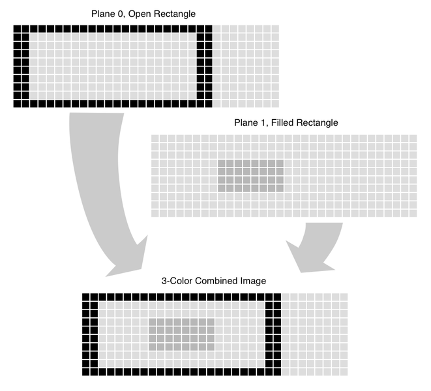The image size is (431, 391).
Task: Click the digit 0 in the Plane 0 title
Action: [121, 13]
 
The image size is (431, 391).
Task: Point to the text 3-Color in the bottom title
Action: [176, 281]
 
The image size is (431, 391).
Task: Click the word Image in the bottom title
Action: [254, 281]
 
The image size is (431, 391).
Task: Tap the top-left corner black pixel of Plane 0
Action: [17, 29]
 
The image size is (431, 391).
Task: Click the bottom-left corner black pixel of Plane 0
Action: [17, 104]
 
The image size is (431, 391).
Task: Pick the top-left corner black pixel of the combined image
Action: [86, 297]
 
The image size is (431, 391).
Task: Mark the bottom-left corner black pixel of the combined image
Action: [86, 372]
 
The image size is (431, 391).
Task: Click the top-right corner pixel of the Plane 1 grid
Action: [412, 138]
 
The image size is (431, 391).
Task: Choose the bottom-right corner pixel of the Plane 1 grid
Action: [412, 213]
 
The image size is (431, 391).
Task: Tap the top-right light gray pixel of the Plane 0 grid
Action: [275, 29]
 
